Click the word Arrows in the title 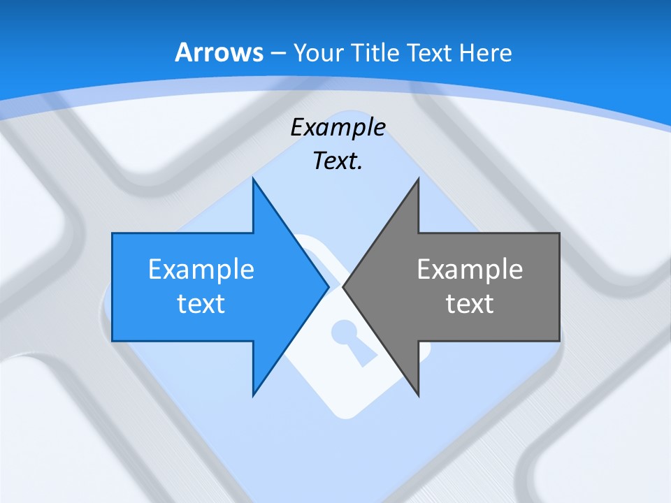point(219,52)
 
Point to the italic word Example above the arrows point(338,128)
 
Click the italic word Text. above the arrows point(338,161)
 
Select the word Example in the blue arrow point(201,269)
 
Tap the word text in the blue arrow point(201,304)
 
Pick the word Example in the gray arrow point(470,269)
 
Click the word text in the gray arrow point(470,304)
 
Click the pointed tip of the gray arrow point(344,286)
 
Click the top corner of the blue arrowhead point(254,180)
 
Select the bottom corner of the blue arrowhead point(254,394)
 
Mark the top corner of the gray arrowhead point(418,180)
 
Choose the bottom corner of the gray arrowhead point(418,394)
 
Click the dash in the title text point(276,52)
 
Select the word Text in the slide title point(429,52)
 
